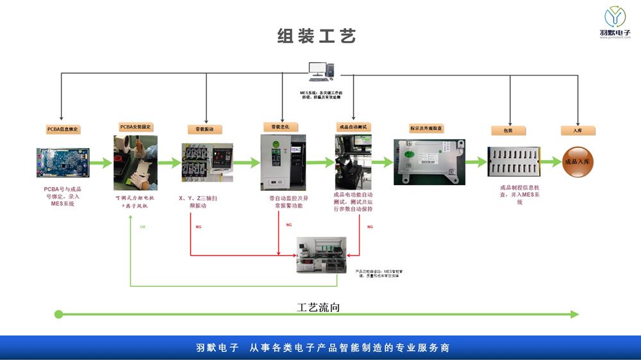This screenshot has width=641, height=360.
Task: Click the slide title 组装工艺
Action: click(x=317, y=36)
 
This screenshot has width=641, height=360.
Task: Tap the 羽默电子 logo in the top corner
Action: click(x=615, y=22)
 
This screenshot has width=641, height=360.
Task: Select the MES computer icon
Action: click(x=320, y=71)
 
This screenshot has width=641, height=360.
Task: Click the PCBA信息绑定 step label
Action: click(x=62, y=129)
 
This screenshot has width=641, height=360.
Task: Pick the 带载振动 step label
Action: click(x=204, y=129)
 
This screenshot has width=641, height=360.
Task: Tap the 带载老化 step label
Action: click(x=281, y=127)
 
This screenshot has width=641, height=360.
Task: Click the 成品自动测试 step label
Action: click(x=354, y=127)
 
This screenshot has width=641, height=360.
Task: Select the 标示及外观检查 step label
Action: click(x=427, y=128)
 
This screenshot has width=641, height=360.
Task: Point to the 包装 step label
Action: click(x=508, y=130)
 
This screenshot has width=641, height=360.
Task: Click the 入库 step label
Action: click(x=578, y=130)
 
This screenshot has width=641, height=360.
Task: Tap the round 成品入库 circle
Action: click(x=579, y=162)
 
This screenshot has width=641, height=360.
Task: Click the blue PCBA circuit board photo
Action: click(x=63, y=163)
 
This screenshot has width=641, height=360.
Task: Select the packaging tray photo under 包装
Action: click(x=513, y=163)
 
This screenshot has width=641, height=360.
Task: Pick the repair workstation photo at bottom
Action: click(x=321, y=255)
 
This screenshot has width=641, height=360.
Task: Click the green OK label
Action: click(x=142, y=227)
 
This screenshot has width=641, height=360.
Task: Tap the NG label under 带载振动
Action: click(x=199, y=227)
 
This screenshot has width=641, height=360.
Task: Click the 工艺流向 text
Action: click(x=318, y=307)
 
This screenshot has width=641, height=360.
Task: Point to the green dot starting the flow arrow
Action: click(x=58, y=314)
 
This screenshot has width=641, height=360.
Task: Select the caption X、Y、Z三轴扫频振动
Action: click(x=197, y=202)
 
